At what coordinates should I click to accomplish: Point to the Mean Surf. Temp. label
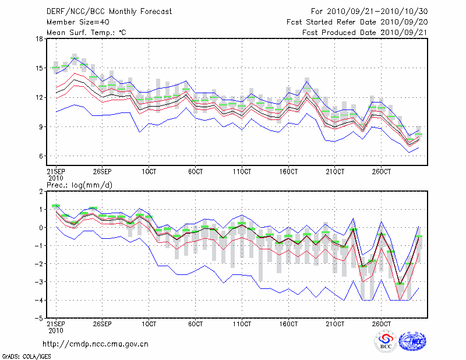[86, 33]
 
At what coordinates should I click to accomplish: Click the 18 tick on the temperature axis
[40, 39]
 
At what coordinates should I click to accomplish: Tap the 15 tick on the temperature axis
[40, 68]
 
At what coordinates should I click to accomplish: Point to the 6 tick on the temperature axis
[41, 156]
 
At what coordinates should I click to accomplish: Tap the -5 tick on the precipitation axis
[40, 319]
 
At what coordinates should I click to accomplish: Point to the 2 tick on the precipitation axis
[41, 191]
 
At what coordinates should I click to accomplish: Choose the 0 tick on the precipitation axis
[41, 227]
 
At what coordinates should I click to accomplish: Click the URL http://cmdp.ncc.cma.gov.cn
[96, 344]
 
